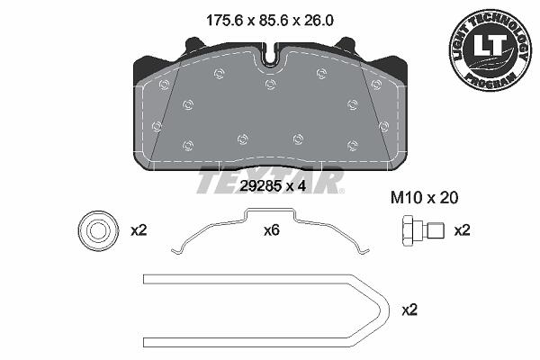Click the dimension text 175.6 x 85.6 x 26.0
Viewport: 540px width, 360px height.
pos(270,21)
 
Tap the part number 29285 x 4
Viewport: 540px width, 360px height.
pos(273,186)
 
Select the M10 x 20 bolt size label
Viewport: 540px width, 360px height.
pos(424,198)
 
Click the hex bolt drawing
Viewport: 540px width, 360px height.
pos(423,230)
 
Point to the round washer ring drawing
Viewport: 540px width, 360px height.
pos(98,230)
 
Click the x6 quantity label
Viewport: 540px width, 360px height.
pos(272,230)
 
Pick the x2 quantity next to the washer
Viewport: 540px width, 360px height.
pos(139,230)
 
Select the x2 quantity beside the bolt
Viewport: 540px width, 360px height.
pos(462,230)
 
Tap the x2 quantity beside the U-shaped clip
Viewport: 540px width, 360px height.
pos(409,310)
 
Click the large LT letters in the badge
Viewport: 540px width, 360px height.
pos(490,45)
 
